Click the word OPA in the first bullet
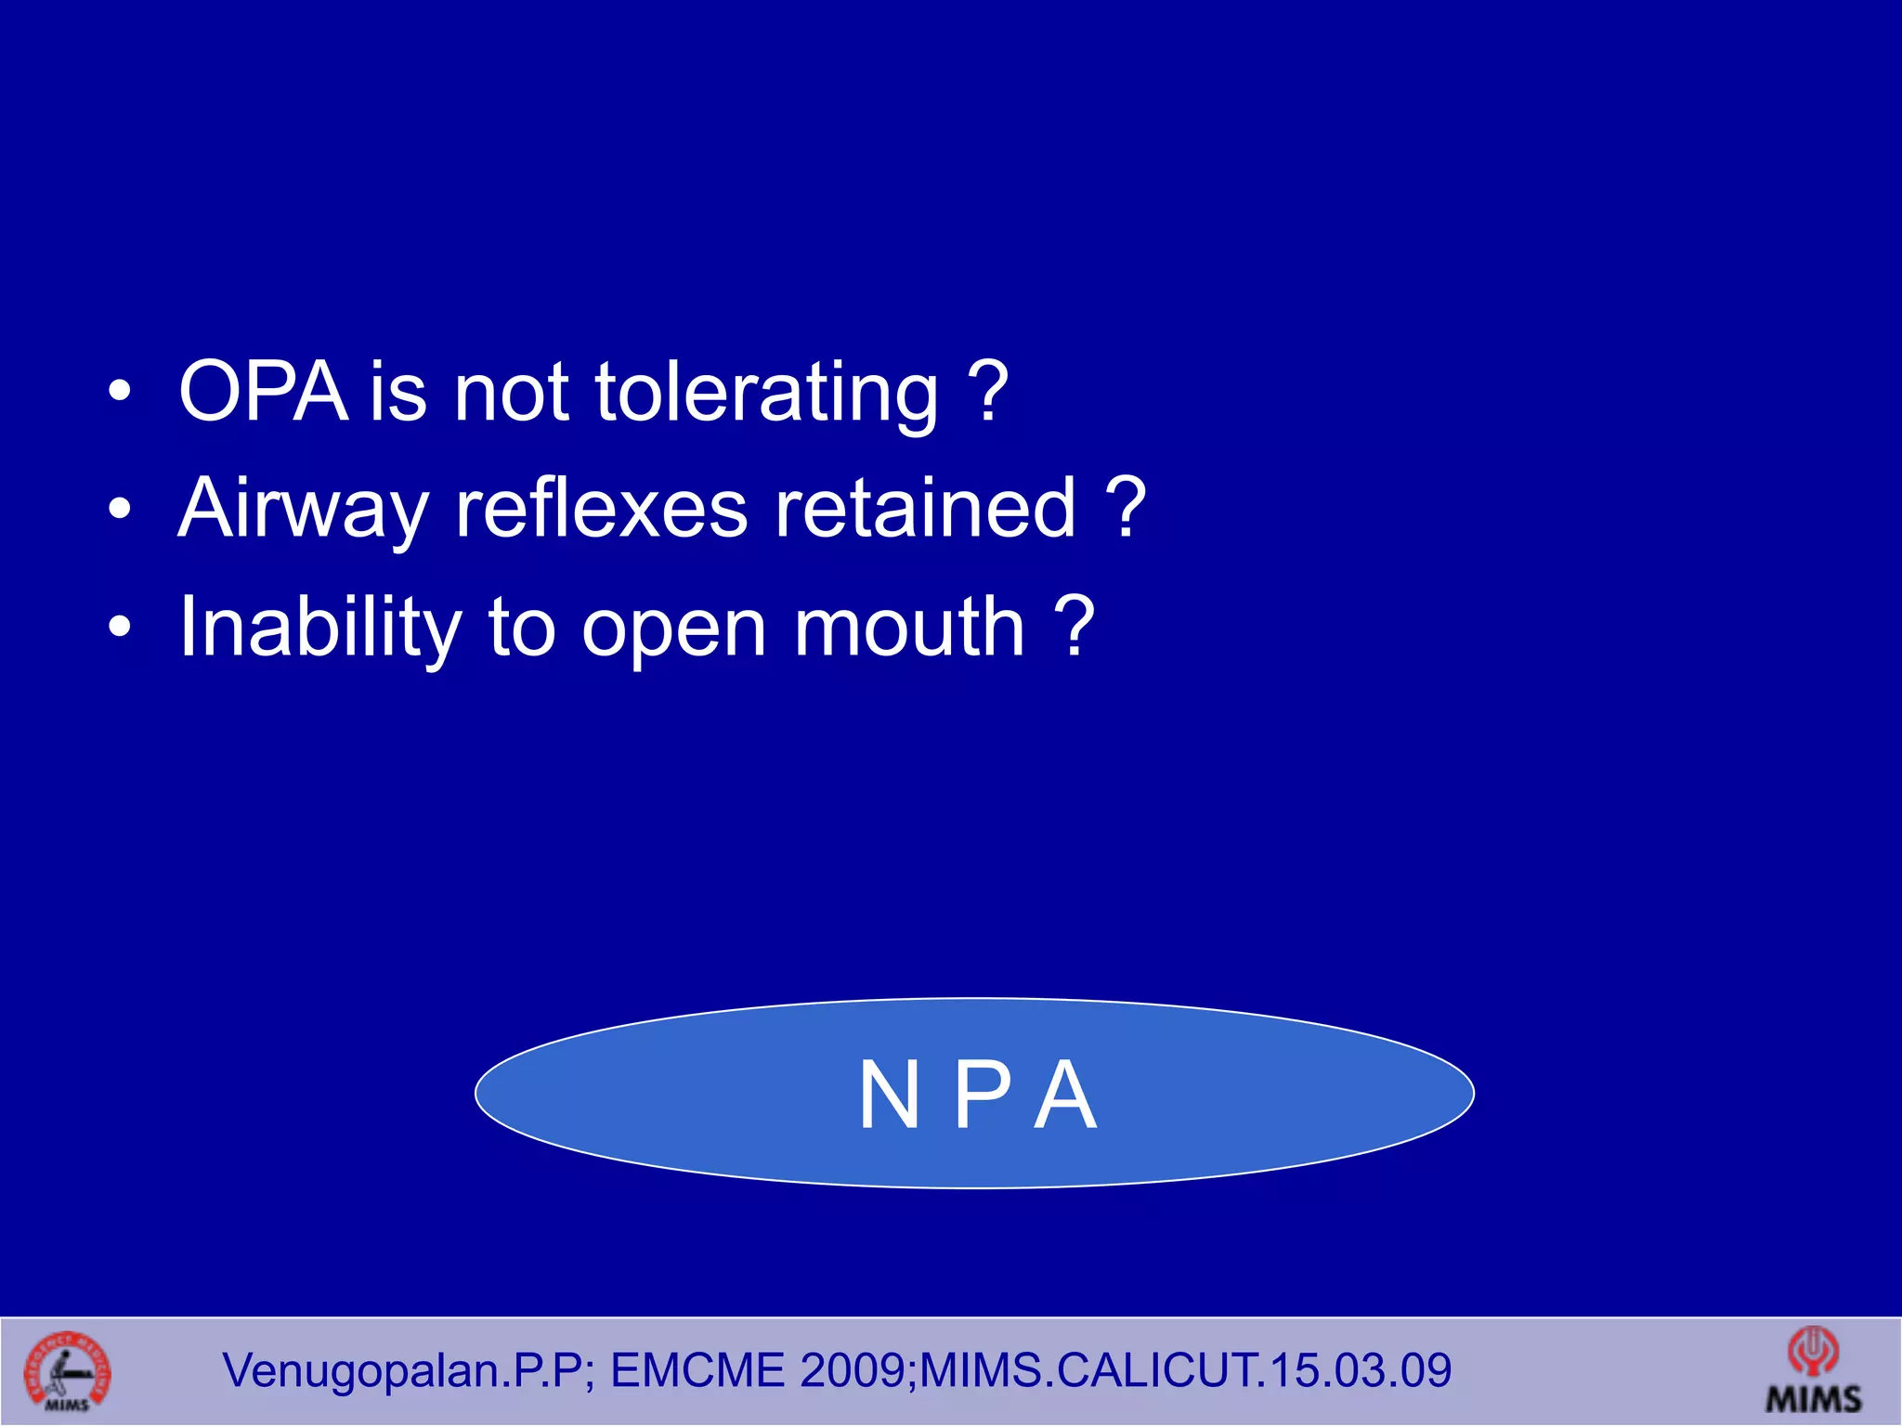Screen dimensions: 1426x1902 tap(263, 392)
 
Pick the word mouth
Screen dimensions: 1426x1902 tap(909, 628)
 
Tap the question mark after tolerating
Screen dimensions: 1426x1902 tap(987, 392)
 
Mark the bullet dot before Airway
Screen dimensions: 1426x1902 tap(119, 509)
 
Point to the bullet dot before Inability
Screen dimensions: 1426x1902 tap(119, 628)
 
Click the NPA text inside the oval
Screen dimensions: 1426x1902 tap(977, 1095)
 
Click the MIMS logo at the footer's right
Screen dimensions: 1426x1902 tap(1813, 1372)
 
